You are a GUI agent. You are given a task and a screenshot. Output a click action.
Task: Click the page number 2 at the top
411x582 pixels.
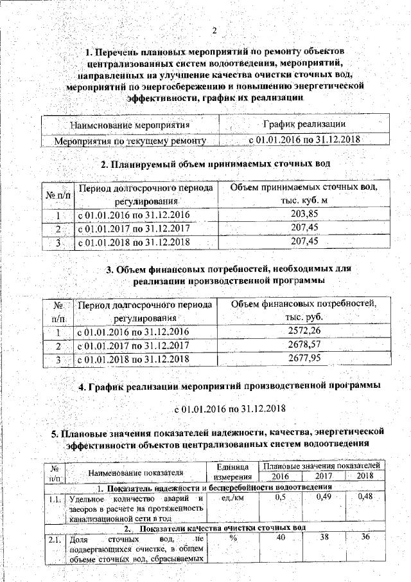click(215, 31)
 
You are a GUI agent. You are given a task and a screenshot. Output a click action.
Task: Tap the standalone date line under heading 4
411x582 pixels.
click(230, 408)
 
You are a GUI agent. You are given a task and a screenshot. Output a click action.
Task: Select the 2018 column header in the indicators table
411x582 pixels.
click(364, 476)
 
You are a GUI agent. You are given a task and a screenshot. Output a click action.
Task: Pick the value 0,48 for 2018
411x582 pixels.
click(364, 497)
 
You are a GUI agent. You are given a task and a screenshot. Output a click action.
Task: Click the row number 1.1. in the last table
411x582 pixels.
click(54, 498)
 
